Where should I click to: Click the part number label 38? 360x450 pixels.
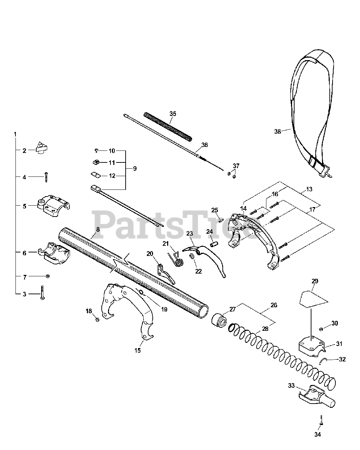pos(278,131)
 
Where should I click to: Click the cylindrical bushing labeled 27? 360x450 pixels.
pos(220,319)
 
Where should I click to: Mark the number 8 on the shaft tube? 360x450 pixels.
pos(98,229)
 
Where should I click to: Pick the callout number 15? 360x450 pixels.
pos(138,350)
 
